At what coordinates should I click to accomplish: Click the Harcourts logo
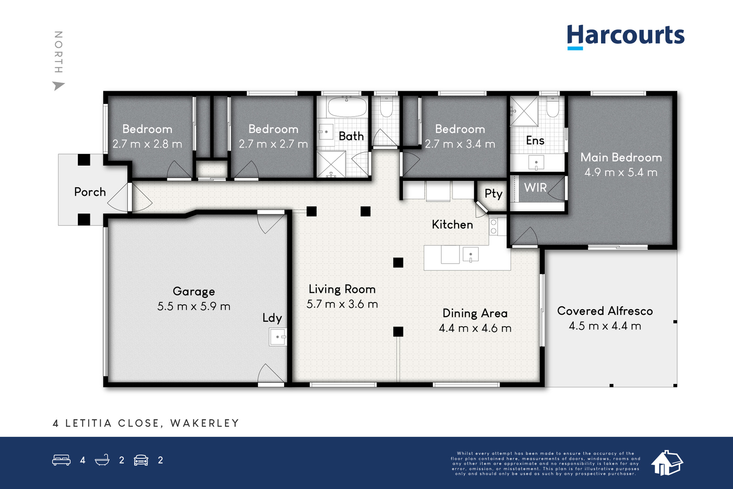pyautogui.click(x=625, y=37)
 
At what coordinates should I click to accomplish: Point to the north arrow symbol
pyautogui.click(x=58, y=86)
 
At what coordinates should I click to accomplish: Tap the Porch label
pyautogui.click(x=90, y=192)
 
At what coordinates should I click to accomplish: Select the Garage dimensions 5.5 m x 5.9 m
pyautogui.click(x=194, y=306)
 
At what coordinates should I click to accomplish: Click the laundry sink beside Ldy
pyautogui.click(x=278, y=337)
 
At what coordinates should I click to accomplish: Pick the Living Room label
pyautogui.click(x=342, y=289)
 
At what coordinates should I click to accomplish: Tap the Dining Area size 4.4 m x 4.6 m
pyautogui.click(x=475, y=328)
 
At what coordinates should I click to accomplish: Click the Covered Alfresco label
pyautogui.click(x=605, y=311)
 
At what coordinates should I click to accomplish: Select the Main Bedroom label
pyautogui.click(x=621, y=158)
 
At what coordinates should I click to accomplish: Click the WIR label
pyautogui.click(x=536, y=187)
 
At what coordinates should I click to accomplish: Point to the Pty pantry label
pyautogui.click(x=493, y=194)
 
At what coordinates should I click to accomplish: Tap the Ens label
pyautogui.click(x=535, y=140)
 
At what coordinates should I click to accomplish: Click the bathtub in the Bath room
pyautogui.click(x=347, y=106)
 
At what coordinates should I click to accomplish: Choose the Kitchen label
pyautogui.click(x=452, y=225)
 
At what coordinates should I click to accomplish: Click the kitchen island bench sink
pyautogui.click(x=470, y=255)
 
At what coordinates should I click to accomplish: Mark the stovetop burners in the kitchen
pyautogui.click(x=494, y=226)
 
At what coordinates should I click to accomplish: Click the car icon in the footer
pyautogui.click(x=141, y=460)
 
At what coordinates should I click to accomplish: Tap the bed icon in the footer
pyautogui.click(x=61, y=460)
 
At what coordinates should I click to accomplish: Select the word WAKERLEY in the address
pyautogui.click(x=205, y=423)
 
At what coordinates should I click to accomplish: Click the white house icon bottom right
pyautogui.click(x=667, y=462)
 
